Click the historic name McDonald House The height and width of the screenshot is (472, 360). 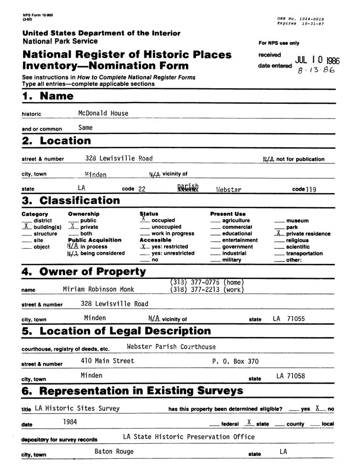pyautogui.click(x=103, y=113)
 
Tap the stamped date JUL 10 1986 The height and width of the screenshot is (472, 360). pyautogui.click(x=317, y=60)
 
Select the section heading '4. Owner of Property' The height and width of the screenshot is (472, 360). pyautogui.click(x=84, y=272)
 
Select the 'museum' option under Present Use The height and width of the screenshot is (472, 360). pyautogui.click(x=297, y=220)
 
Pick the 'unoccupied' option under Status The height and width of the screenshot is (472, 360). pyautogui.click(x=163, y=227)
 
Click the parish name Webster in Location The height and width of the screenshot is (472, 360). pyautogui.click(x=228, y=190)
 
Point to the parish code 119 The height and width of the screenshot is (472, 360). pyautogui.click(x=311, y=190)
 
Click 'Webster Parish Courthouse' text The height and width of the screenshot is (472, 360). pyautogui.click(x=171, y=346)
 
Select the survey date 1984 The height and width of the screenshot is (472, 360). pyautogui.click(x=70, y=421)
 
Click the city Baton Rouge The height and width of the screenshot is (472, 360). pyautogui.click(x=114, y=451)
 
